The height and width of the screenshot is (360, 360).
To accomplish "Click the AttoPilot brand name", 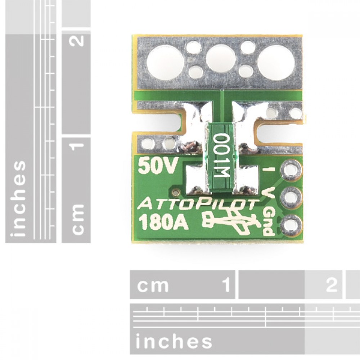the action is point(196,204).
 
